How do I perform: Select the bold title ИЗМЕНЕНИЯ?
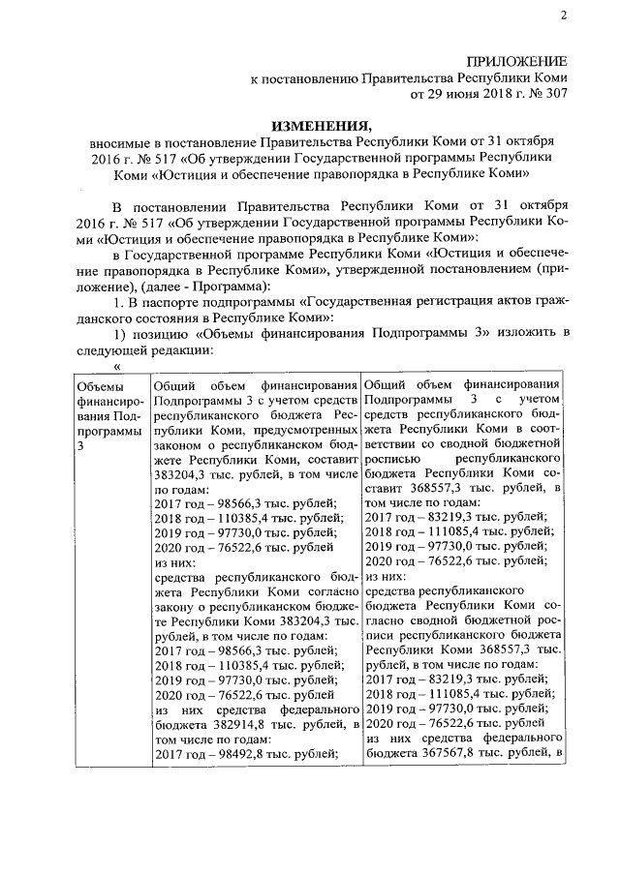(x=321, y=126)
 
